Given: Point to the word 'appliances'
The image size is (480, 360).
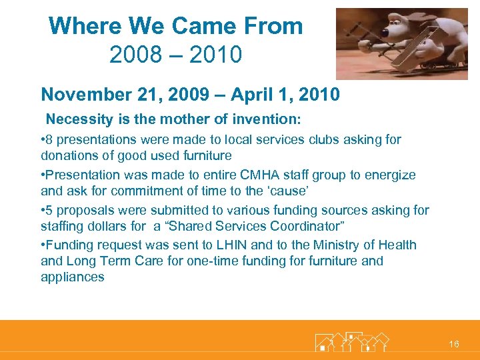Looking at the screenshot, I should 73,277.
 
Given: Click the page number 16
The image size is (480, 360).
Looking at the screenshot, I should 454,344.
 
